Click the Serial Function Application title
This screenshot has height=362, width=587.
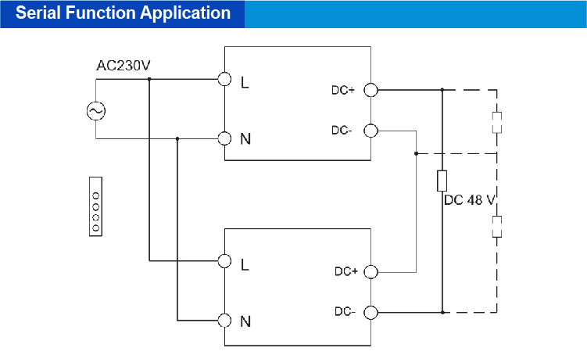(123, 13)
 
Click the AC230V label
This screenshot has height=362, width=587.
(123, 66)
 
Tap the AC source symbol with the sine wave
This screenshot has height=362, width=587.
(96, 111)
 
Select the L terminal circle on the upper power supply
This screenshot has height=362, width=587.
(225, 80)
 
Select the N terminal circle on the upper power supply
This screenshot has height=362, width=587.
(225, 138)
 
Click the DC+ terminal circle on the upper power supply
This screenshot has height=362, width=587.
(371, 90)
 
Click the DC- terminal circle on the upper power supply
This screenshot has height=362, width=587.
(371, 131)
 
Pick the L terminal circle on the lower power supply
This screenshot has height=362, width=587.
(225, 261)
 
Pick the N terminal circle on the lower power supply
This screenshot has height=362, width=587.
(225, 320)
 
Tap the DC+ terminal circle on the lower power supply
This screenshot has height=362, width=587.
(371, 272)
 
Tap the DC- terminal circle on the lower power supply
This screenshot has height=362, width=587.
(371, 313)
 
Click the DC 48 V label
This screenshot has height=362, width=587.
(469, 200)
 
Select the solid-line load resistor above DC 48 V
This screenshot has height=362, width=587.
(442, 181)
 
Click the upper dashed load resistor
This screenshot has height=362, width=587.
(496, 123)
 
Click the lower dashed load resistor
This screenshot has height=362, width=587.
(496, 227)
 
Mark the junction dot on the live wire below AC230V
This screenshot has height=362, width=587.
(149, 80)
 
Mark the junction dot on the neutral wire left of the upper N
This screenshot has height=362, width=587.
(178, 138)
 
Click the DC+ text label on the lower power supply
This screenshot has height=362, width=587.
(346, 272)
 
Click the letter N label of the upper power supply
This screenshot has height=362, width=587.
(245, 139)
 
